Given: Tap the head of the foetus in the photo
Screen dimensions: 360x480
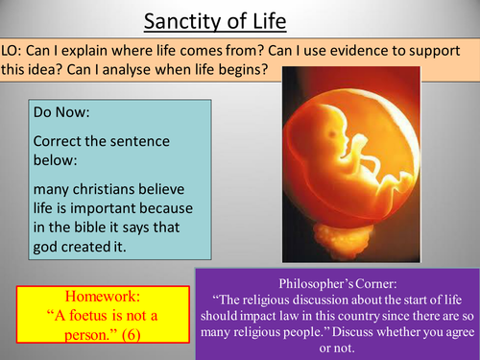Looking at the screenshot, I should coord(325,153).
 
